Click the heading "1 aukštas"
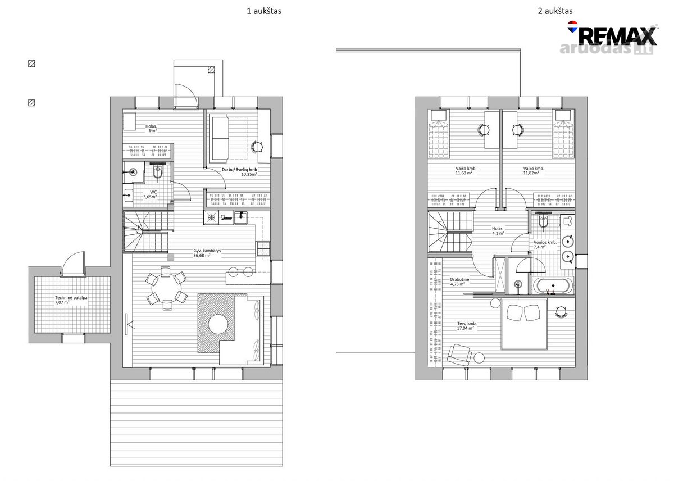coord(264,11)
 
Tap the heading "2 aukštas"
coord(555,11)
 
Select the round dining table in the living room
coord(166,288)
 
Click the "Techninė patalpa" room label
coord(71,298)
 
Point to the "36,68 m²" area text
coord(202,255)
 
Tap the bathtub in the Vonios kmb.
coord(553,285)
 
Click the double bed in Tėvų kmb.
coord(524,324)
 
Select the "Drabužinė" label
coord(459,279)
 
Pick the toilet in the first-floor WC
coord(158,172)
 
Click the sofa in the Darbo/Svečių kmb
coord(220,138)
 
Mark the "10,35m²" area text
coord(249,174)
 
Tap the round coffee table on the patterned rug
coord(218,324)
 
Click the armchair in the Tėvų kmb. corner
coord(459,355)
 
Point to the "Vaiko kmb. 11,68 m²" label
coord(466,171)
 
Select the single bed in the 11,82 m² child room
coord(563,134)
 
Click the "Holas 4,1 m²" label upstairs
coord(498,231)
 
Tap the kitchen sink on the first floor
coord(241,217)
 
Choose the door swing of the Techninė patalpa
coord(74,263)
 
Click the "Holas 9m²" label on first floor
coord(151,129)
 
